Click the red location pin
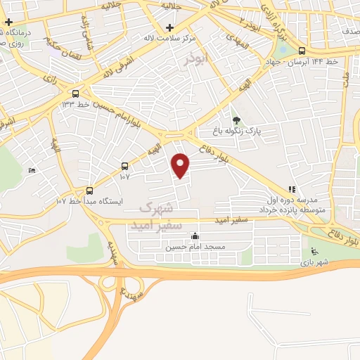pos(181,166)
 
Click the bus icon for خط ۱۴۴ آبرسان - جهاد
pos(302,51)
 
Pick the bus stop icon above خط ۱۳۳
pos(75,93)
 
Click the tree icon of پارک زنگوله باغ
pos(236,120)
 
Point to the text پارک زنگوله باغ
pos(237,131)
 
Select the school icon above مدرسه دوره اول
pos(292,188)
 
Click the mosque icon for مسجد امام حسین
pos(194,236)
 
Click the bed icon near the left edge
pos(31,171)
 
